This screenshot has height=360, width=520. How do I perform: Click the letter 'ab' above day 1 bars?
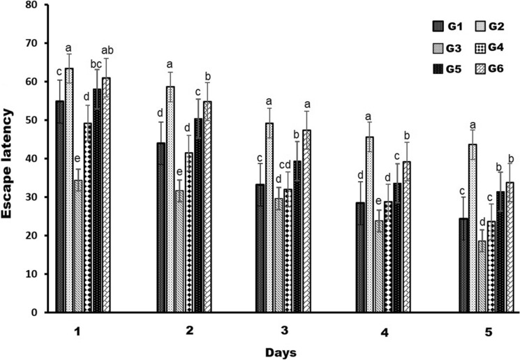pyautogui.click(x=107, y=51)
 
